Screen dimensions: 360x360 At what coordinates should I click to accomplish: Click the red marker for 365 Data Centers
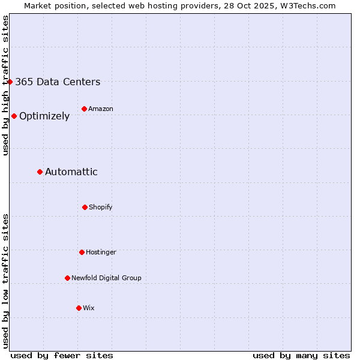tap(10, 82)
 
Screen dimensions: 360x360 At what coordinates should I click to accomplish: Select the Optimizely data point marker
tap(14, 116)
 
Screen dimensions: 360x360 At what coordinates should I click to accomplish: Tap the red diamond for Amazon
tap(84, 109)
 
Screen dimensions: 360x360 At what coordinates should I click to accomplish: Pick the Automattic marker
tap(40, 172)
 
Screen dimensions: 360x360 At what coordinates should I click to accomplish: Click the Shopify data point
tap(85, 207)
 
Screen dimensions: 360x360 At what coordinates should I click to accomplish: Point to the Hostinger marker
tap(82, 252)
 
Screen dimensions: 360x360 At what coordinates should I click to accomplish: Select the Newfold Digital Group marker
tap(67, 278)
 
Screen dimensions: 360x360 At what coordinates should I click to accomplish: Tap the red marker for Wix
tap(79, 308)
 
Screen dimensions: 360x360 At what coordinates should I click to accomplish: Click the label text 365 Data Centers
tap(58, 82)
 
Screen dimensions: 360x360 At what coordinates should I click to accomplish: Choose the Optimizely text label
tap(44, 116)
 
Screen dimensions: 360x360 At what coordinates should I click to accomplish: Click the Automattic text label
tap(71, 172)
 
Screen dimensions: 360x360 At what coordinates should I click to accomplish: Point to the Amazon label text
tap(101, 109)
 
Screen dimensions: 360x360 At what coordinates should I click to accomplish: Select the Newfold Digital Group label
tap(106, 278)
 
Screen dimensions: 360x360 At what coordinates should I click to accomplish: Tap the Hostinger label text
tap(101, 252)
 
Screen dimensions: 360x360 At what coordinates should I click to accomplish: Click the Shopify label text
tap(101, 207)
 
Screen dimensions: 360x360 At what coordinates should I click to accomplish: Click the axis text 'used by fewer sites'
tap(62, 355)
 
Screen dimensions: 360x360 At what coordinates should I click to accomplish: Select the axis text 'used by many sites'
tap(301, 355)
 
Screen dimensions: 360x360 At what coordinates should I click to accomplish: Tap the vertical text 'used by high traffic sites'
tap(5, 85)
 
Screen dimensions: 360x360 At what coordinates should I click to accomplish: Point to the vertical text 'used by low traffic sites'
tap(5, 281)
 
